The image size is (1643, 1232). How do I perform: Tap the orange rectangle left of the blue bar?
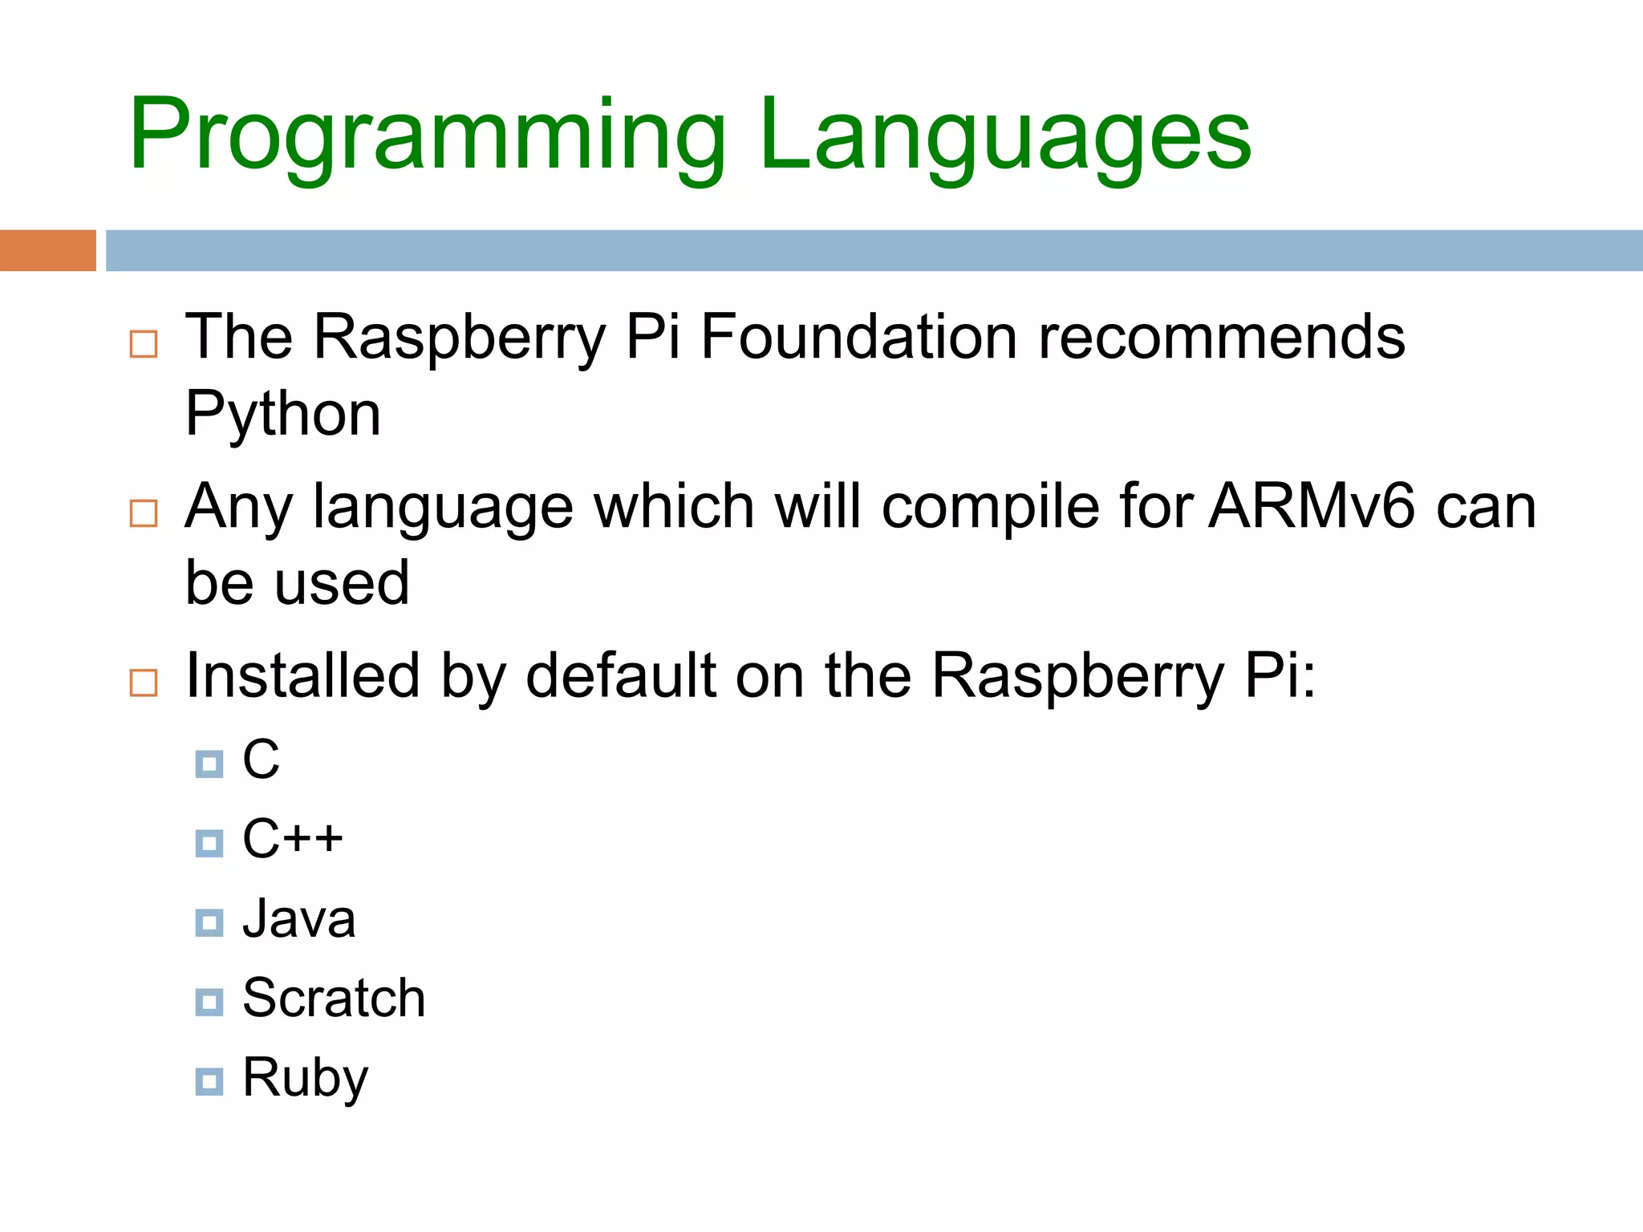47,250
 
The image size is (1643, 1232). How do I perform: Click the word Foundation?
859,337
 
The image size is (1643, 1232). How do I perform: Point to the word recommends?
1221,337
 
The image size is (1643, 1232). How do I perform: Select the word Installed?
302,675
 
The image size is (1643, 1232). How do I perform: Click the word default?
620,675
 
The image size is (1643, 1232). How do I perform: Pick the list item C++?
293,839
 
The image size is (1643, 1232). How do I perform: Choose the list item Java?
298,919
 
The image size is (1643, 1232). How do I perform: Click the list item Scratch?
334,999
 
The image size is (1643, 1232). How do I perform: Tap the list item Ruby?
305,1078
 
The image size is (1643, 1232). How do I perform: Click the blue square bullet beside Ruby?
209,1081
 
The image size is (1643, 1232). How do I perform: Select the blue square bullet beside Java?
209,922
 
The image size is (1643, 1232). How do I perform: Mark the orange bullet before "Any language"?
144,513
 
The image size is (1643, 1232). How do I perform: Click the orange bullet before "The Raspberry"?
144,344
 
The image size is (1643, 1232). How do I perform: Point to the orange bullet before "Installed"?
144,683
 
